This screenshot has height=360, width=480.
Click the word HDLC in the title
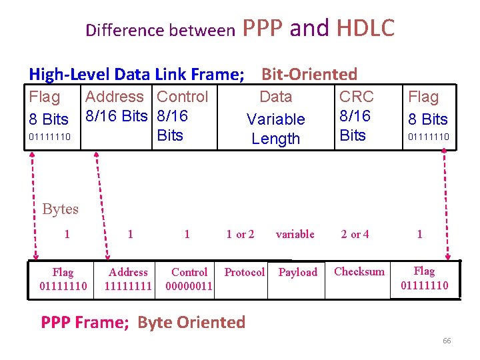365,28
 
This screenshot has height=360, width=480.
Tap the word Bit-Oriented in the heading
309,74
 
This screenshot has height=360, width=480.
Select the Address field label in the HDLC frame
115,97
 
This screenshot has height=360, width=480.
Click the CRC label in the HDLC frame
357,97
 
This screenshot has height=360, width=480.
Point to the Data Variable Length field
275,118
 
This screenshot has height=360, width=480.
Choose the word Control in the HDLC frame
182,97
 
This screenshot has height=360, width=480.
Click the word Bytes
60,209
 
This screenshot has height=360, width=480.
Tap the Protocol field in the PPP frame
244,272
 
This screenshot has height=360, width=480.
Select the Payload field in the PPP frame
297,272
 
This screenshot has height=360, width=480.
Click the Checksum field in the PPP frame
359,271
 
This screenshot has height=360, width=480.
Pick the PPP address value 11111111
129,286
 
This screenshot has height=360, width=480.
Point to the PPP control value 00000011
189,286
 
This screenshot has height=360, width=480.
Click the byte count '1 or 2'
240,234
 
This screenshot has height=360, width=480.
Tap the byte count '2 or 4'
355,234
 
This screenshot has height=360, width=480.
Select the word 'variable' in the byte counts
295,234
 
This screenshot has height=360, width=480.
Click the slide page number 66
447,341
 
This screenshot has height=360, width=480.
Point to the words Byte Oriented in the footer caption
191,323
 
